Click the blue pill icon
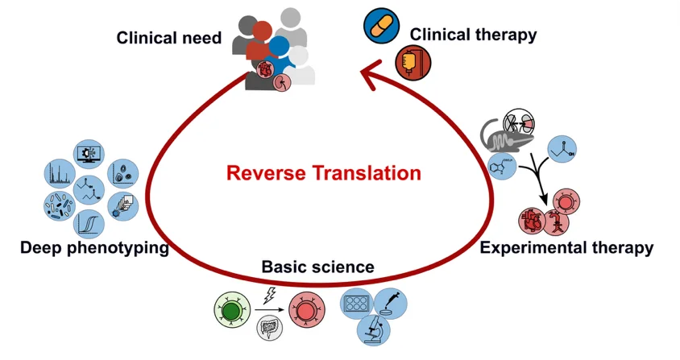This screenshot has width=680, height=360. tap(381, 26)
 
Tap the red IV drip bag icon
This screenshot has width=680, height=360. tap(413, 63)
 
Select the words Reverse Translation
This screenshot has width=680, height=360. tap(324, 172)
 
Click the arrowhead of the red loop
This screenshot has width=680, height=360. tap(370, 75)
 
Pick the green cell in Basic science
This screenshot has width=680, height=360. tap(233, 310)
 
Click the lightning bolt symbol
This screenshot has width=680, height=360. tap(270, 295)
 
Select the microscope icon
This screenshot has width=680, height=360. tap(373, 329)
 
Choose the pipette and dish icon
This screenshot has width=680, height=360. tap(390, 303)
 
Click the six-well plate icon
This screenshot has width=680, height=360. tap(357, 303)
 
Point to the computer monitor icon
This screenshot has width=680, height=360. tap(89, 155)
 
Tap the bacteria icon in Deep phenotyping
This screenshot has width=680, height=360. tap(60, 206)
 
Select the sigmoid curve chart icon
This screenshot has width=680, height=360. tap(89, 224)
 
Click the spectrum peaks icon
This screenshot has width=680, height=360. tap(60, 174)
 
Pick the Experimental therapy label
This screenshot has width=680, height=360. tap(566, 248)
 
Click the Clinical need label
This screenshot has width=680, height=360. tap(168, 38)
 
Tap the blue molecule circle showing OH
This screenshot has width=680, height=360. tap(562, 149)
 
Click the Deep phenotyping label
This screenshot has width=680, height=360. tap(94, 248)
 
